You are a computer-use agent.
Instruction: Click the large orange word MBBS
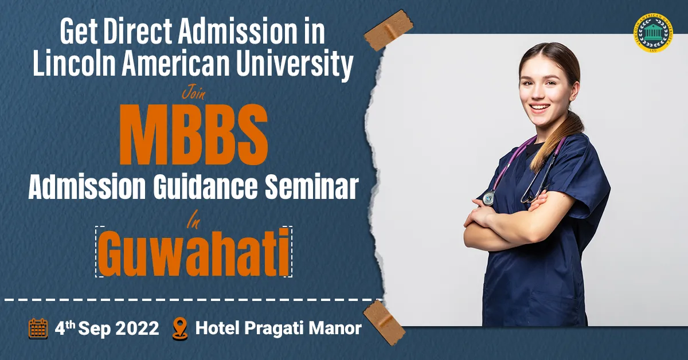[x=194, y=135]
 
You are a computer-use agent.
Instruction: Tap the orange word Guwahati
[x=194, y=252]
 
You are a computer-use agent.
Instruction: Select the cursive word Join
[x=194, y=93]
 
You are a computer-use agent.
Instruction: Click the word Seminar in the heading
[x=312, y=187]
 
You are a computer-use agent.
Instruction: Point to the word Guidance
[x=205, y=187]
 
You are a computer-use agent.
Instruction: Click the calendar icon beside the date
[x=38, y=328]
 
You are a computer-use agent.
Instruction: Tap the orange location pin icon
[x=180, y=329]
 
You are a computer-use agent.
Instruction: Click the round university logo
[x=652, y=33]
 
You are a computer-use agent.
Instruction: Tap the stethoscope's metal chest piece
[x=488, y=198]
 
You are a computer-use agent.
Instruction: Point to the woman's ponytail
[x=557, y=138]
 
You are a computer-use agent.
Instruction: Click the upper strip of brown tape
[x=389, y=30]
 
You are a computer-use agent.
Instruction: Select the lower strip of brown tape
[x=384, y=323]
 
